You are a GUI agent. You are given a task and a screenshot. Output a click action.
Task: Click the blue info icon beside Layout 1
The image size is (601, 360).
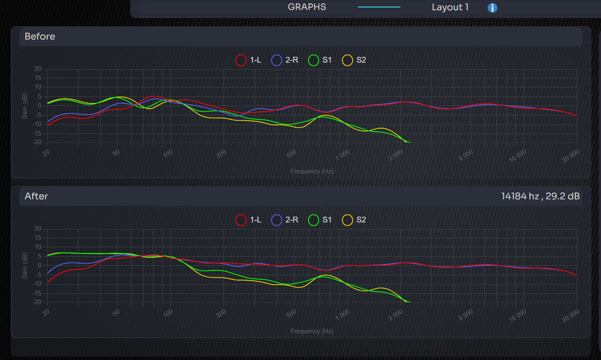pos(492,8)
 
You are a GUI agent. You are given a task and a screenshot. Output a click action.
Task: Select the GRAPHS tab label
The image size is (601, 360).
pos(307,7)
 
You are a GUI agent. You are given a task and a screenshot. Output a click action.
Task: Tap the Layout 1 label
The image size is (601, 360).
pos(450,7)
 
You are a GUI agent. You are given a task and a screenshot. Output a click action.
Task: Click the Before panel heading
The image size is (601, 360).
pos(40,36)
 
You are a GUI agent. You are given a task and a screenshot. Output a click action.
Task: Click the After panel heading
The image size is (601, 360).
pos(36,196)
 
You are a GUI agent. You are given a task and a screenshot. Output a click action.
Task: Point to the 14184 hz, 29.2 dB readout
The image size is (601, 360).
pos(540,196)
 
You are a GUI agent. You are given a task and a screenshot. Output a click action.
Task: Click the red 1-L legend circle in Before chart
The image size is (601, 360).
pos(241,60)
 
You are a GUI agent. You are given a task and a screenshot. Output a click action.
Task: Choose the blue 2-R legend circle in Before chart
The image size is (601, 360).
pos(277,60)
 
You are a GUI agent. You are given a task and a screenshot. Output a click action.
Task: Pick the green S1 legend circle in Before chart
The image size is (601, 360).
pos(314,60)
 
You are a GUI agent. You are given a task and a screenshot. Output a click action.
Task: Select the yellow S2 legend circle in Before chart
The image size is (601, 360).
pos(347,60)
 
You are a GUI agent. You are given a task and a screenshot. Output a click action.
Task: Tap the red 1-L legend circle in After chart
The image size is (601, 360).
pos(241,220)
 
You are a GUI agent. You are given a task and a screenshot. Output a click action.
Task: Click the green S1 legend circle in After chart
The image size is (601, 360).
pos(314,220)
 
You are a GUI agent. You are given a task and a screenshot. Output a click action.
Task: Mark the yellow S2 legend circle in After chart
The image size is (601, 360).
pos(347,220)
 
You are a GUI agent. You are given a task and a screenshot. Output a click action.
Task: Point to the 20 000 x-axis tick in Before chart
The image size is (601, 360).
pos(571,156)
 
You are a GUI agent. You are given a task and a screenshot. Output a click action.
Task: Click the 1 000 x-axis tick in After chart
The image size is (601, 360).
pos(343,315)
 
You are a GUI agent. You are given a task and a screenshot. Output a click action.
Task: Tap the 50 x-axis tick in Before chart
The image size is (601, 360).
pos(117,153)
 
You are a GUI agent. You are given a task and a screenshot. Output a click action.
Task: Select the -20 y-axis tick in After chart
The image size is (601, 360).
pos(38,302)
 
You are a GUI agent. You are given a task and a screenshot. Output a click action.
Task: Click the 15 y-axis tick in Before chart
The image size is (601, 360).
pos(38,78)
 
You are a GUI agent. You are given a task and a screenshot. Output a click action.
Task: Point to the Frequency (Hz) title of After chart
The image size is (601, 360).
pos(312,331)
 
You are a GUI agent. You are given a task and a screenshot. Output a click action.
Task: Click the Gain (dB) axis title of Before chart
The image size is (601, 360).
pos(25,106)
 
